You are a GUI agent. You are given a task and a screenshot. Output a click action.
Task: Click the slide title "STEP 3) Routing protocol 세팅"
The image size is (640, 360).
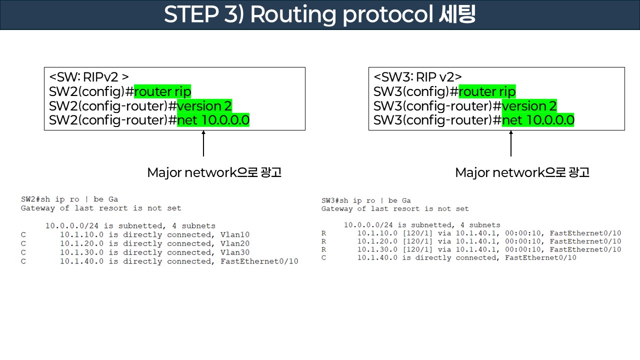pyautogui.click(x=319, y=15)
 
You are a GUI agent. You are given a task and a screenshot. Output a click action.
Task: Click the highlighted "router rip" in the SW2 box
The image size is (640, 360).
pyautogui.click(x=162, y=92)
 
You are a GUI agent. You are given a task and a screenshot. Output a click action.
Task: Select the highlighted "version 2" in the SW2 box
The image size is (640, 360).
pyautogui.click(x=204, y=106)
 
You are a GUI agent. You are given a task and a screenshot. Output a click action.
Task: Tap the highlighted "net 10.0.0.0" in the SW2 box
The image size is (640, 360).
pyautogui.click(x=213, y=120)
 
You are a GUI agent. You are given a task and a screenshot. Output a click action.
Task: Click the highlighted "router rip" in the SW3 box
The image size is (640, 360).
pyautogui.click(x=487, y=92)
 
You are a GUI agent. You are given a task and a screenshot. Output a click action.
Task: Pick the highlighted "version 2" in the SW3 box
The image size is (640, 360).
pyautogui.click(x=529, y=106)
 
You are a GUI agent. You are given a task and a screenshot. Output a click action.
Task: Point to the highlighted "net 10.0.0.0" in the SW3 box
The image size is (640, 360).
pyautogui.click(x=538, y=120)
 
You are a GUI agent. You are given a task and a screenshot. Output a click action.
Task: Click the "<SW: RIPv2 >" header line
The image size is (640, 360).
pyautogui.click(x=89, y=77)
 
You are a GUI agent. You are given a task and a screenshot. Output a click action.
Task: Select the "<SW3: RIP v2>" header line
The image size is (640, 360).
pyautogui.click(x=417, y=77)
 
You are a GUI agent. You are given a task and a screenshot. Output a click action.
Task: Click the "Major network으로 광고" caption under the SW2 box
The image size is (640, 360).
pyautogui.click(x=214, y=173)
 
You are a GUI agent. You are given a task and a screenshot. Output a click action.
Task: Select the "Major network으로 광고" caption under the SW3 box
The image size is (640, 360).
pyautogui.click(x=522, y=173)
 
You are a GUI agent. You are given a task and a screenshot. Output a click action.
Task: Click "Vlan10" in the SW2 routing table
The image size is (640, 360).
pyautogui.click(x=234, y=235)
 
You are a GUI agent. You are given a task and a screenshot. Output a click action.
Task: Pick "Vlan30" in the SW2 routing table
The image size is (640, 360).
pyautogui.click(x=234, y=253)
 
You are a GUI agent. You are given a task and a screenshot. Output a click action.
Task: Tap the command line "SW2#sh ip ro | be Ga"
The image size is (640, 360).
pyautogui.click(x=69, y=199)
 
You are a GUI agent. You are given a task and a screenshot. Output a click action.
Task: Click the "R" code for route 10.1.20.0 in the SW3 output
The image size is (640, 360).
pyautogui.click(x=324, y=241)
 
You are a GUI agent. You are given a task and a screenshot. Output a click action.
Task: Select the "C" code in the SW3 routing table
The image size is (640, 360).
pyautogui.click(x=324, y=258)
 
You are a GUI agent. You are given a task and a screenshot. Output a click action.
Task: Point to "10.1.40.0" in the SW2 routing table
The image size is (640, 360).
pyautogui.click(x=82, y=261)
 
